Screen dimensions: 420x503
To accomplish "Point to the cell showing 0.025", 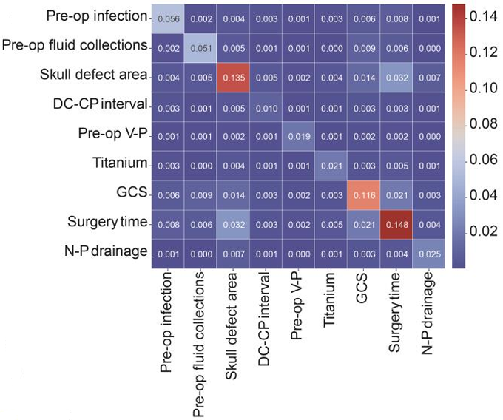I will [x=428, y=254].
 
